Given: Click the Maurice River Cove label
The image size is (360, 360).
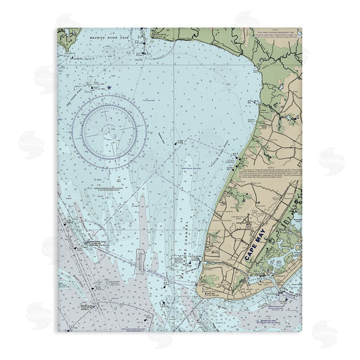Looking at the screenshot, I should click(x=108, y=37).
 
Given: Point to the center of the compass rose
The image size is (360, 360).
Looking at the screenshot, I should click(x=108, y=128).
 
